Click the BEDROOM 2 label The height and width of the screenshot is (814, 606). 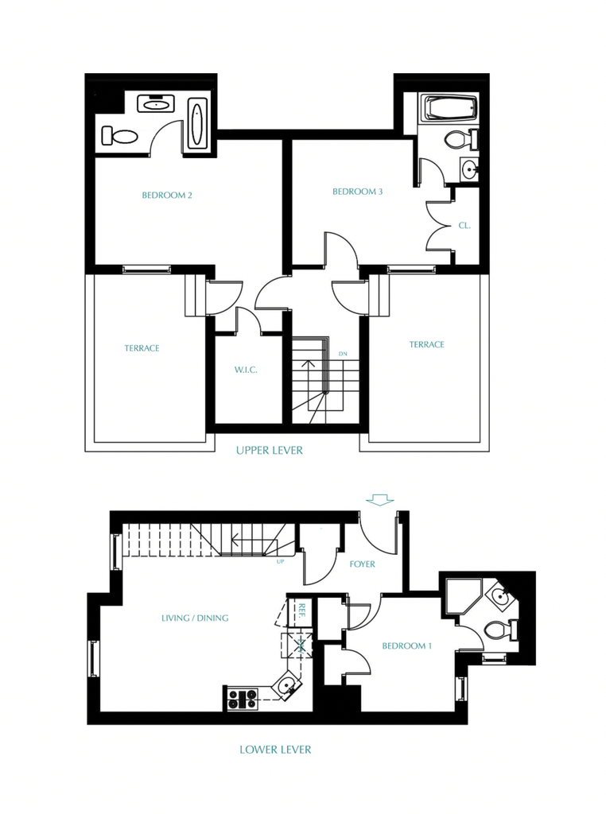[x=167, y=196]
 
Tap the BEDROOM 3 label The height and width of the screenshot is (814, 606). [x=357, y=192]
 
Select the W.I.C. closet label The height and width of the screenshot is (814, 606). [x=246, y=370]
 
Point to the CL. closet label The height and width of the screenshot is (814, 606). [x=464, y=226]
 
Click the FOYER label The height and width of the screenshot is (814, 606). [x=362, y=564]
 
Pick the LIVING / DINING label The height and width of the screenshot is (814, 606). [x=195, y=618]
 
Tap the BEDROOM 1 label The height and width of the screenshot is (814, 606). [x=406, y=645]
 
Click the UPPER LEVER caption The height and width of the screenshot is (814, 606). [x=269, y=450]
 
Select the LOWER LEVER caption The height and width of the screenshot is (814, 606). [x=275, y=750]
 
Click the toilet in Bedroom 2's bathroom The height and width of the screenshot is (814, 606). [x=119, y=136]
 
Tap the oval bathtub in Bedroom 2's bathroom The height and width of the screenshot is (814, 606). [x=196, y=124]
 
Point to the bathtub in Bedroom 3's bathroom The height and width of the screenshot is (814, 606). [x=449, y=108]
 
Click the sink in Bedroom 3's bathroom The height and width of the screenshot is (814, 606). [x=470, y=169]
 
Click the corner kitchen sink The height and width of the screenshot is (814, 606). [x=286, y=686]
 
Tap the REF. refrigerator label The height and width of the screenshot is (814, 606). [x=301, y=610]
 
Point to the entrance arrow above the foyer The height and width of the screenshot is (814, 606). [x=379, y=499]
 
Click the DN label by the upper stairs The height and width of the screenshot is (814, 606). [x=343, y=354]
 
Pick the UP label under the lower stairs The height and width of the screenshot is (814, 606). [x=281, y=561]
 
